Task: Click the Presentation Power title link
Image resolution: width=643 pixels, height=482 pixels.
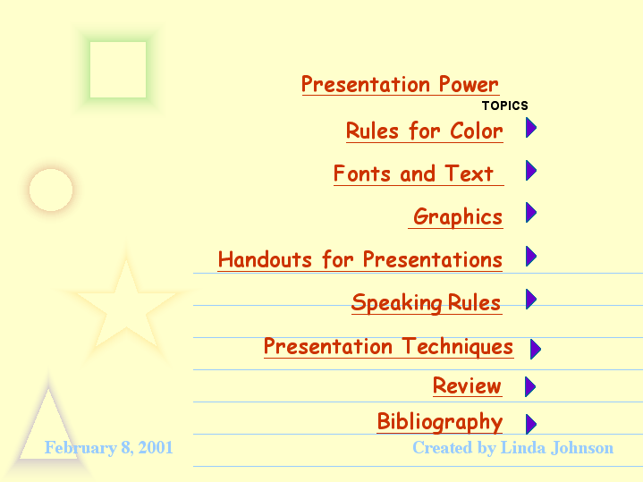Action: point(401,84)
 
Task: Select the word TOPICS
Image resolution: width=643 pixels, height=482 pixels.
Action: point(504,106)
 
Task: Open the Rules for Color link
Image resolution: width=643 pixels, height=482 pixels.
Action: point(425,131)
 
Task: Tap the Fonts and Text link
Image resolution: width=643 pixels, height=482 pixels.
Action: point(419,173)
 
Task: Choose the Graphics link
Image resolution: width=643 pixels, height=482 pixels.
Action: point(455,216)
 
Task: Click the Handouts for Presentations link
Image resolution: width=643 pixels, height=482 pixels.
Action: point(360,259)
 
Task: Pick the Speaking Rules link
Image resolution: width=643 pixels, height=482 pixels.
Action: point(427,303)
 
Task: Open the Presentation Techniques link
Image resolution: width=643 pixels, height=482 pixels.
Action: point(388,347)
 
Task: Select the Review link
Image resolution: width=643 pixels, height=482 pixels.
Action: point(467,386)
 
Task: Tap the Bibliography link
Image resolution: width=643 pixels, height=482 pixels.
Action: point(440,422)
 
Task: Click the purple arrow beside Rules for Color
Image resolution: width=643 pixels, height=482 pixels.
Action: point(531,128)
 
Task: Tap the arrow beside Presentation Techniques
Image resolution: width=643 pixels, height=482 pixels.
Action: point(535,349)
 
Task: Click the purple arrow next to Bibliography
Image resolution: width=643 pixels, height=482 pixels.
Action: point(531,424)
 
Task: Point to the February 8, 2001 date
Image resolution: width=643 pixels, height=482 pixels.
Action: point(109,447)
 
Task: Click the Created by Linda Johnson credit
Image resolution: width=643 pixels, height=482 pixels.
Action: point(513,447)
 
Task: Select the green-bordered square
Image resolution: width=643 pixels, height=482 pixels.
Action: point(118,70)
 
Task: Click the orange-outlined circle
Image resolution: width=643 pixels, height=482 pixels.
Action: point(51,190)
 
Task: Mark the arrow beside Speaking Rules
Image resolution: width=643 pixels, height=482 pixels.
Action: point(531,299)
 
